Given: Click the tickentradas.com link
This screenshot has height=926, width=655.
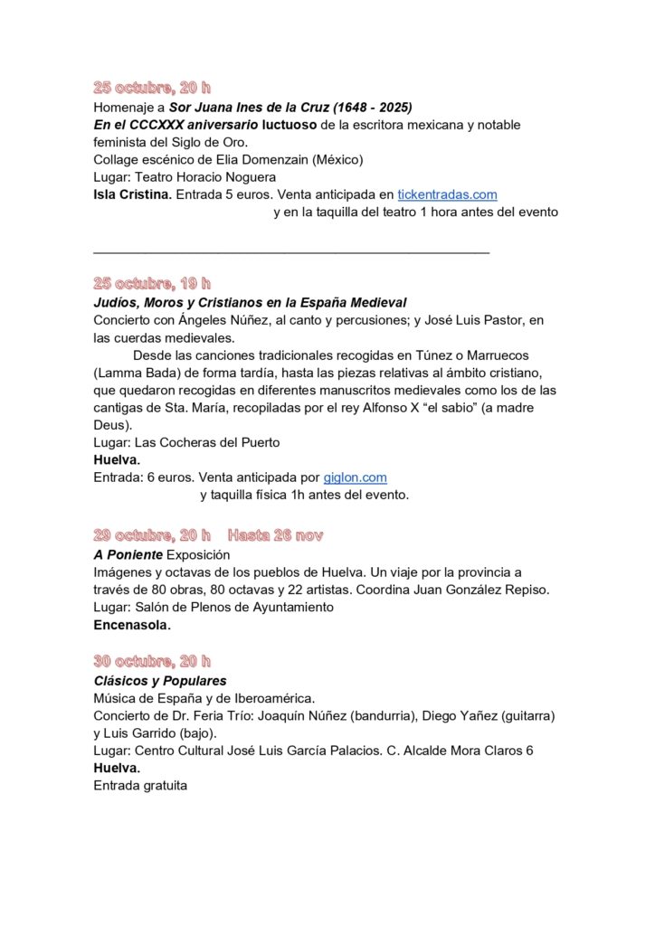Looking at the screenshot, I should (x=447, y=194).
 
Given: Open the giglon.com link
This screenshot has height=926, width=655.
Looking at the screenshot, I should (x=356, y=477).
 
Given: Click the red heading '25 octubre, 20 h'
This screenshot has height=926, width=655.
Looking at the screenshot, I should (x=152, y=88).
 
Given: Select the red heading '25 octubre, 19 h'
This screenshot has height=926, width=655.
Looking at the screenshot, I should (x=152, y=283).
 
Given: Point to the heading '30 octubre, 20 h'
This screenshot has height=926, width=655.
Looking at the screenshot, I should (x=152, y=661).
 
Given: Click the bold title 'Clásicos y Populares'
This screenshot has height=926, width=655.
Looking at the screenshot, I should (x=160, y=680).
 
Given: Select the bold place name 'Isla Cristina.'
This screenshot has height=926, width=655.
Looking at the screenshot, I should (x=133, y=194).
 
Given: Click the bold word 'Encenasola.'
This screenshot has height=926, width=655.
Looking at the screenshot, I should (x=132, y=624).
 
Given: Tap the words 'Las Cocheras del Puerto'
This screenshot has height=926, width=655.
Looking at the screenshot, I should (x=207, y=442).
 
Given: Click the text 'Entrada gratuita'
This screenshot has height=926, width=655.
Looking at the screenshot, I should (x=140, y=785).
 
